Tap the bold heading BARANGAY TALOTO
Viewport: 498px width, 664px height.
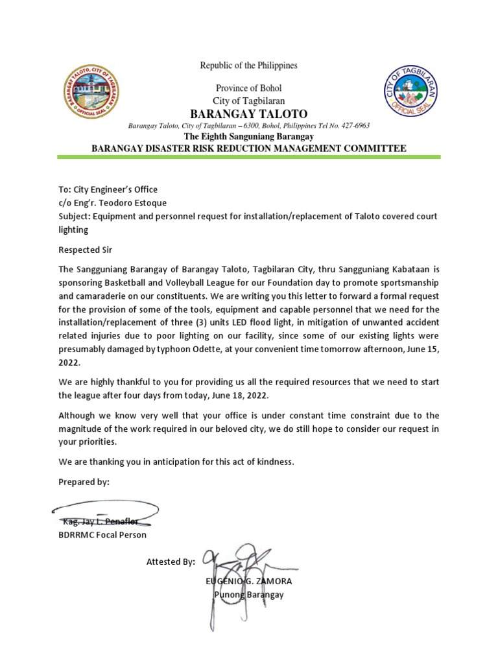249,113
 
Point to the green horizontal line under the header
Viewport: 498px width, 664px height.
249,157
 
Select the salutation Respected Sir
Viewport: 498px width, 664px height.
85,248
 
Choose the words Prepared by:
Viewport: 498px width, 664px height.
84,482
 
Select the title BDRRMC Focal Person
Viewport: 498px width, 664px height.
102,535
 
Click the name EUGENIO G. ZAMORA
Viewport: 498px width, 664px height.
250,582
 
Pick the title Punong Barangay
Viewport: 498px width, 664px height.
249,595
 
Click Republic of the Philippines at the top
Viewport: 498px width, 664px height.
248,65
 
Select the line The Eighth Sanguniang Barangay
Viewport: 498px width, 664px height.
249,137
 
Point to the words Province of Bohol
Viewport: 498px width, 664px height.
248,88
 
